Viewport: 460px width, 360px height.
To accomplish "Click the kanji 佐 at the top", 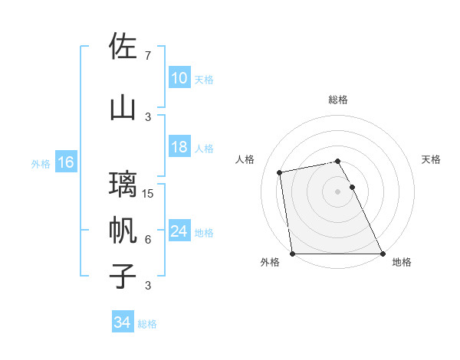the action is [x=123, y=47].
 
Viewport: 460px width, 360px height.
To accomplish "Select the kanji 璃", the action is [x=123, y=184].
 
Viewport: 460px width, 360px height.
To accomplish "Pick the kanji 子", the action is [x=123, y=276].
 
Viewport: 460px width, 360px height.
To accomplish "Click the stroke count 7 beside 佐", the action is [x=147, y=56].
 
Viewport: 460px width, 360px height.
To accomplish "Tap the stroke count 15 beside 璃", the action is [x=149, y=194].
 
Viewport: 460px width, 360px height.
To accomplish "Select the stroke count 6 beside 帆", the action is [x=147, y=240].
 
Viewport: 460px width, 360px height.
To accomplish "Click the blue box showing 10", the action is [x=179, y=78].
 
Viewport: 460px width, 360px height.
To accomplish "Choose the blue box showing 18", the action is [x=179, y=148].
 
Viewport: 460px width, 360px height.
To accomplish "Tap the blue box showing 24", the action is [x=179, y=231].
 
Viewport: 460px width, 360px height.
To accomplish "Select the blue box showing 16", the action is [x=66, y=162].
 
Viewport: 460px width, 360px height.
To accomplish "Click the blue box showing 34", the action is [x=123, y=323].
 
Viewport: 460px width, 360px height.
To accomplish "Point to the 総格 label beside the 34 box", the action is [x=147, y=324].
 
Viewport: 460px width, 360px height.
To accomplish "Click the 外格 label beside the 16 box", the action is [x=41, y=163].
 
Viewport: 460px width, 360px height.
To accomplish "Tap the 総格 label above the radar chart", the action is [x=338, y=100].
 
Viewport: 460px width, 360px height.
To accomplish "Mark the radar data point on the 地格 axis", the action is [x=383, y=253].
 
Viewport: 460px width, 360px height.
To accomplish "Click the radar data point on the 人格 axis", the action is [x=281, y=172].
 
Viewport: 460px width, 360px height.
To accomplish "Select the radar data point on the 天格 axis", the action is [x=352, y=187].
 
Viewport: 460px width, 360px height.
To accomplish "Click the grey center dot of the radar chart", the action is [x=338, y=191].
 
